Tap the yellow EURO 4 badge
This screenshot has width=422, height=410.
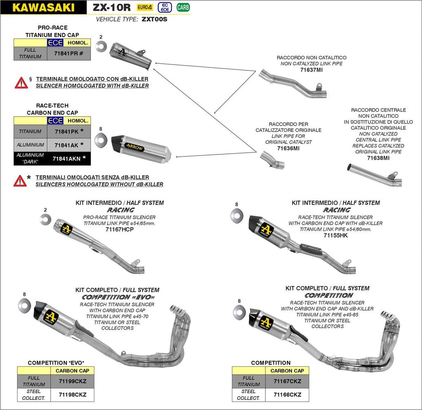144,7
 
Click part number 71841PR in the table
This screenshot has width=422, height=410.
68,54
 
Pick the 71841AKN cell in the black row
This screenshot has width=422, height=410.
69,158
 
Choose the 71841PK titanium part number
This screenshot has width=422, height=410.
69,132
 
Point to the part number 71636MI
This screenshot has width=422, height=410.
288,148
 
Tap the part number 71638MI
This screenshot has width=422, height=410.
378,158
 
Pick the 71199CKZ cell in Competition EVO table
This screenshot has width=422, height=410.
72,381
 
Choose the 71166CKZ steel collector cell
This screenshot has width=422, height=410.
287,395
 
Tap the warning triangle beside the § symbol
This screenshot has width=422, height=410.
21,83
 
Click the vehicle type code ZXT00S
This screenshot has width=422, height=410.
155,19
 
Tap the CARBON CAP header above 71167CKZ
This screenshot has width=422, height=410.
287,371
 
